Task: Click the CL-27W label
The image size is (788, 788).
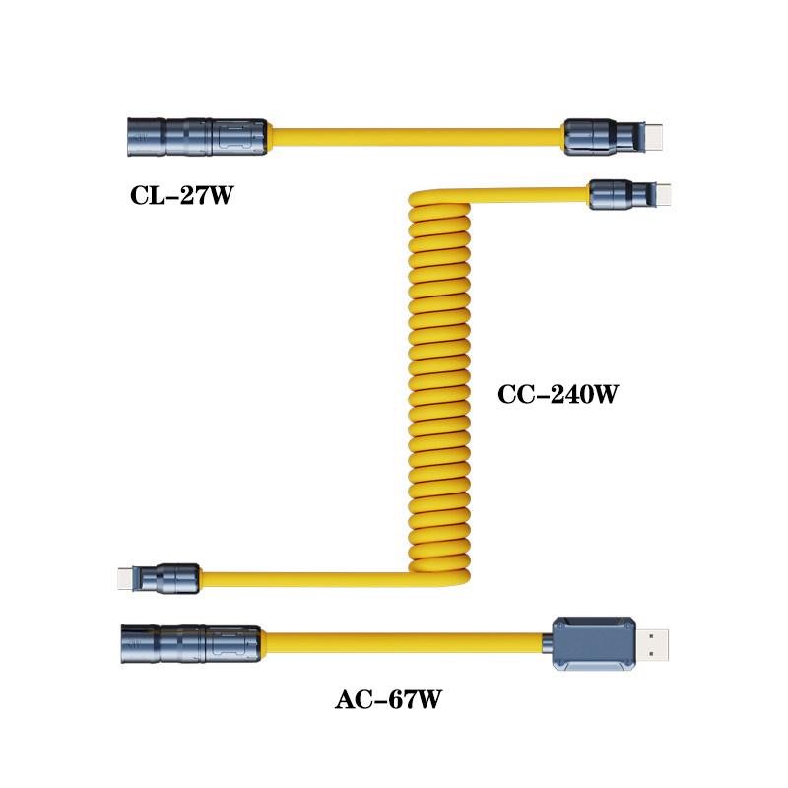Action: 181,195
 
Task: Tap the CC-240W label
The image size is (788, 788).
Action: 558,394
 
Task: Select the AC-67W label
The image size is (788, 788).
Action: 388,699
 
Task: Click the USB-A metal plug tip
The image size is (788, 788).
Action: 652,645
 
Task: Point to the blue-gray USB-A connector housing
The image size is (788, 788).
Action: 594,644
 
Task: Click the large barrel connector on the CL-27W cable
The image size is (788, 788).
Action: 196,137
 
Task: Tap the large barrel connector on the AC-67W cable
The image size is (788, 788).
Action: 190,644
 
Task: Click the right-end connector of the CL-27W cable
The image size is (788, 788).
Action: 614,137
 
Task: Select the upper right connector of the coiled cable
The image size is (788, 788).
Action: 629,194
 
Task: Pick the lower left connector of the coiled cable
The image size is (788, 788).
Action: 159,578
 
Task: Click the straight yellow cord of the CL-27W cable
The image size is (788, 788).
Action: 416,137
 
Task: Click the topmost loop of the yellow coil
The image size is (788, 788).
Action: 439,199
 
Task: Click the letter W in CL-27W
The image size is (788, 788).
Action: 220,195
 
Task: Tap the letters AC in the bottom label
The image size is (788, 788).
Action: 355,699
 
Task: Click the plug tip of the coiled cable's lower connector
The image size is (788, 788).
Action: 127,578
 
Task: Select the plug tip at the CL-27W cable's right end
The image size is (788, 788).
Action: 653,137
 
